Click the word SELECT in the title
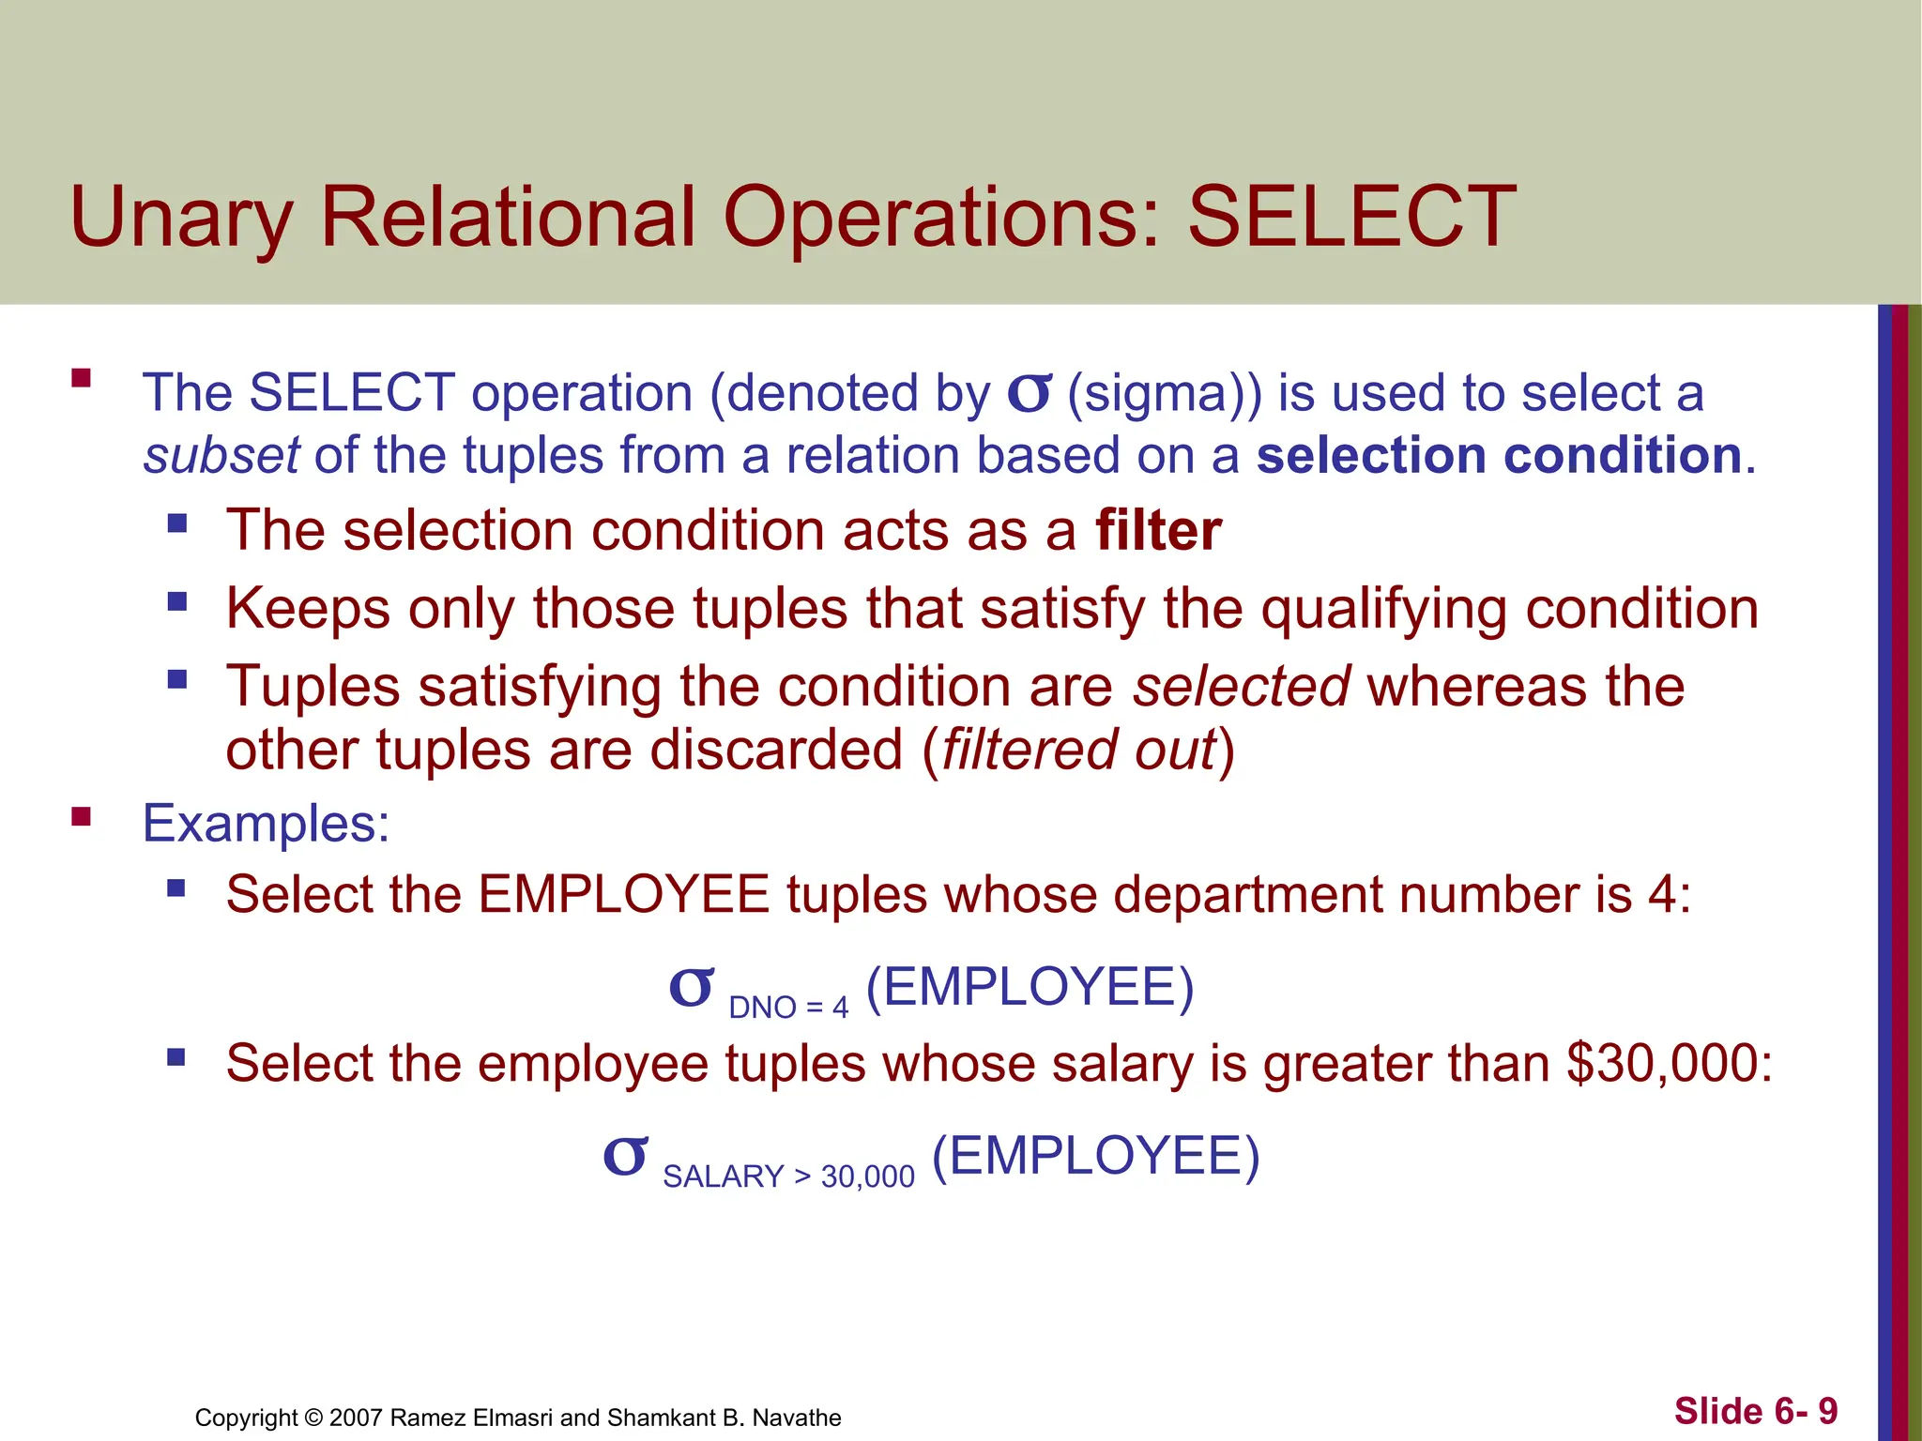tap(1351, 218)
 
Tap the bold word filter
tap(1158, 531)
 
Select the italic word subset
tap(221, 456)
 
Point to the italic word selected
tap(1241, 687)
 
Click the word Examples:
tap(266, 824)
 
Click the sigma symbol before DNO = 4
tap(691, 989)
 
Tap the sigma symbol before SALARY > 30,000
tap(625, 1158)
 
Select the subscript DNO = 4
tap(788, 1008)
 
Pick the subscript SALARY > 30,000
tap(788, 1176)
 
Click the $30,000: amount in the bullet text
tap(1670, 1064)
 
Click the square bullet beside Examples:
tap(82, 817)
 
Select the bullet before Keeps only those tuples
tap(177, 601)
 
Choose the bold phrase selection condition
tap(1499, 456)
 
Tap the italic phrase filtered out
tap(1078, 751)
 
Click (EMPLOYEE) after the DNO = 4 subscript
tap(1030, 987)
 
